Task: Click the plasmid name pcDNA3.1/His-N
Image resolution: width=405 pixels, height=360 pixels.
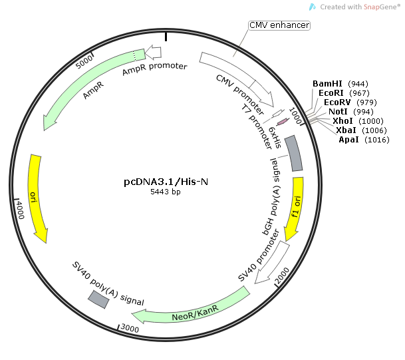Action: coord(162,181)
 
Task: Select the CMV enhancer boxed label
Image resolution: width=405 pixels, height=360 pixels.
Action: coord(279,25)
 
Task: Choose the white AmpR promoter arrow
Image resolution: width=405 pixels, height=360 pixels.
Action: coord(153,52)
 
